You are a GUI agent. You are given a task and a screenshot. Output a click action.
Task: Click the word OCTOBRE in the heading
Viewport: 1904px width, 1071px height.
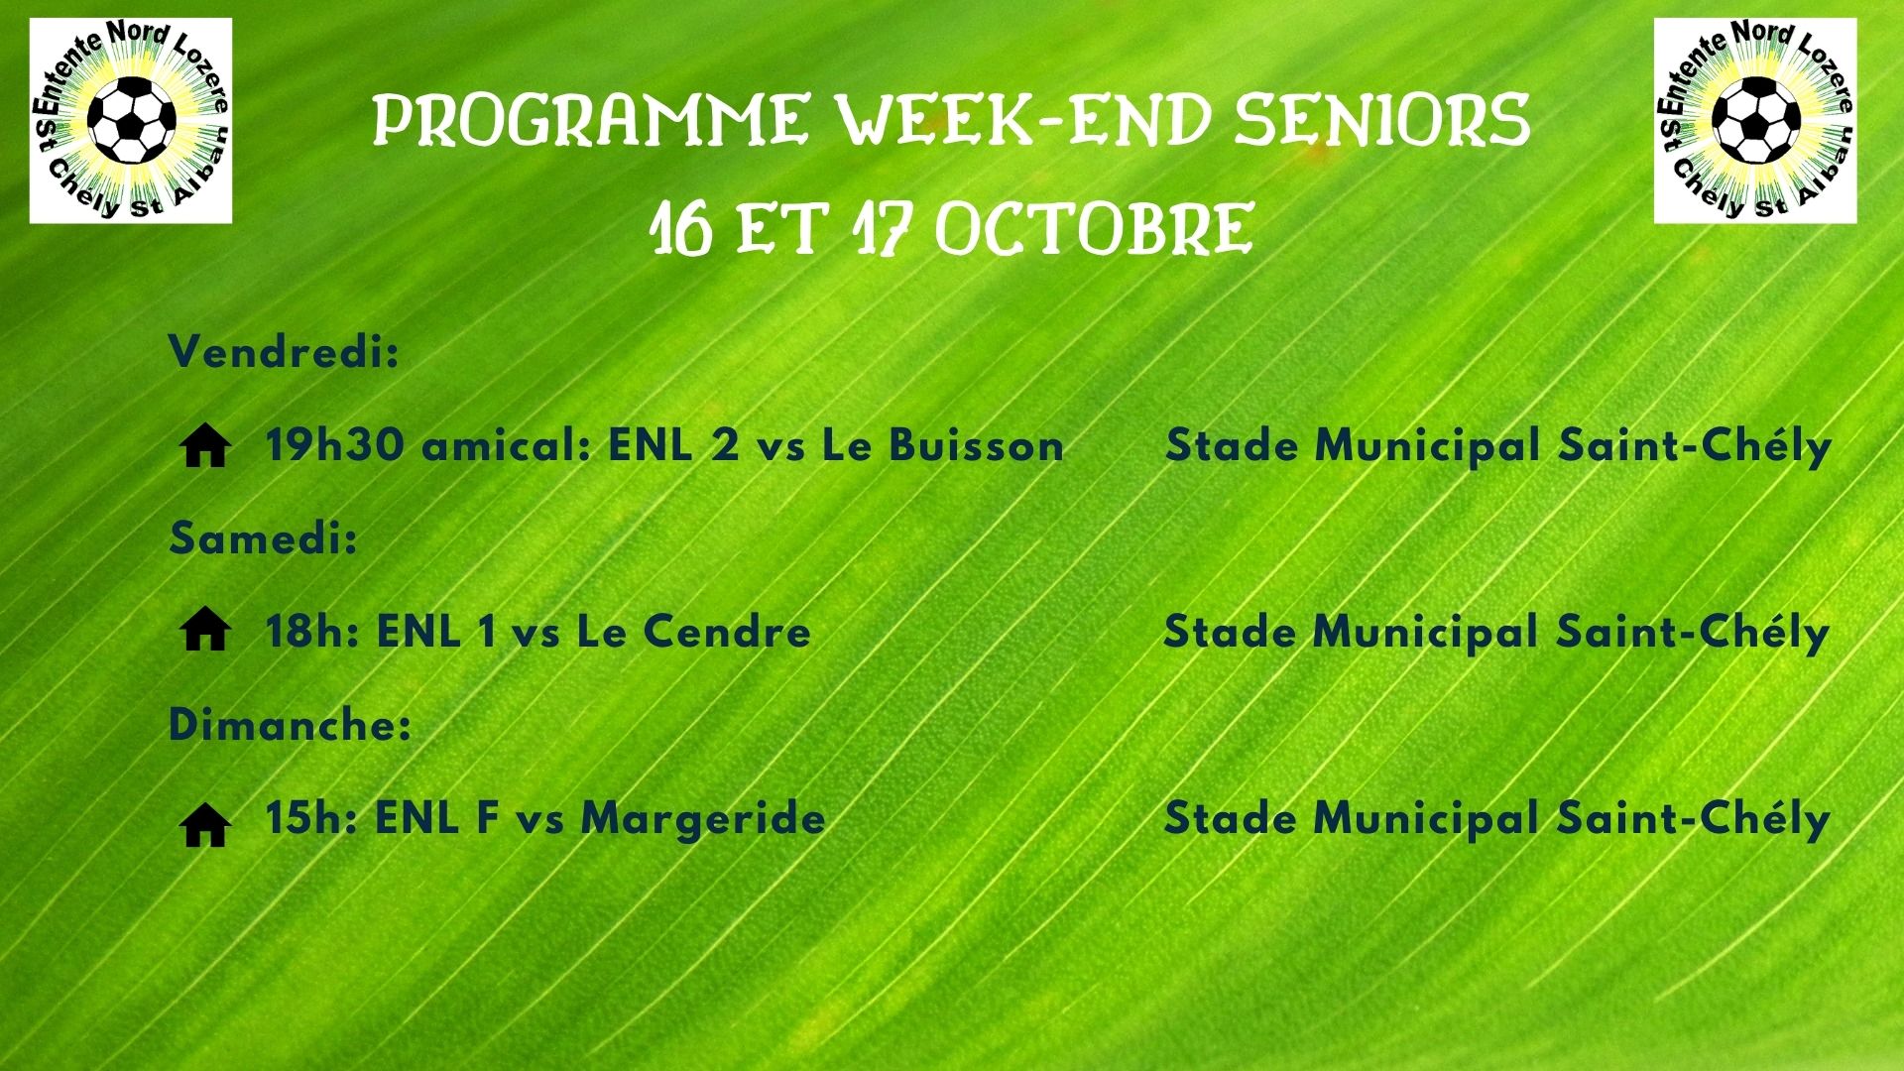coord(1093,230)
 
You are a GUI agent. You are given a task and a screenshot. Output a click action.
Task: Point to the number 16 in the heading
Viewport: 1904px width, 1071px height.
coord(680,230)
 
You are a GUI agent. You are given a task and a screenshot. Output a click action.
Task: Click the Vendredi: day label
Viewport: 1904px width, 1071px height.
coord(284,352)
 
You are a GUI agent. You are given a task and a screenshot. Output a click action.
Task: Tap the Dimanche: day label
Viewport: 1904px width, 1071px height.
coord(290,726)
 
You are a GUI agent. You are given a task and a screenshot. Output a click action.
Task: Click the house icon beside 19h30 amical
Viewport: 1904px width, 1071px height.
coord(206,447)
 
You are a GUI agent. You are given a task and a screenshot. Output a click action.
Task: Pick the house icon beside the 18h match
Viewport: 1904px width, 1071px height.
coord(206,631)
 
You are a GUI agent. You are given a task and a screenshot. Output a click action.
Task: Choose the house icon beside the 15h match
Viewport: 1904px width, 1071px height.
coord(206,825)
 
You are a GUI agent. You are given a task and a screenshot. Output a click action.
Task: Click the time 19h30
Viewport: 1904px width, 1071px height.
coord(334,445)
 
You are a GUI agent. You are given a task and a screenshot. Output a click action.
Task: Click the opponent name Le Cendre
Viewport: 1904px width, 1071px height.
coord(693,632)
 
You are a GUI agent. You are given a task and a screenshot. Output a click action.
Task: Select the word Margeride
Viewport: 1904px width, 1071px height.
coord(702,819)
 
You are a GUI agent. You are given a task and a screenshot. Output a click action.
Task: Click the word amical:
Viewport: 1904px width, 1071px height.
coord(506,445)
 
